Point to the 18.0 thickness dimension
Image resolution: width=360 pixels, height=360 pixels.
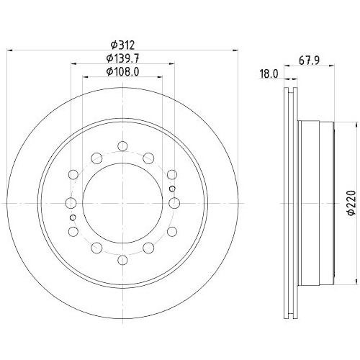pyautogui.click(x=268, y=73)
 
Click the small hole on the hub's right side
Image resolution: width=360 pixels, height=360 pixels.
pyautogui.click(x=171, y=188)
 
